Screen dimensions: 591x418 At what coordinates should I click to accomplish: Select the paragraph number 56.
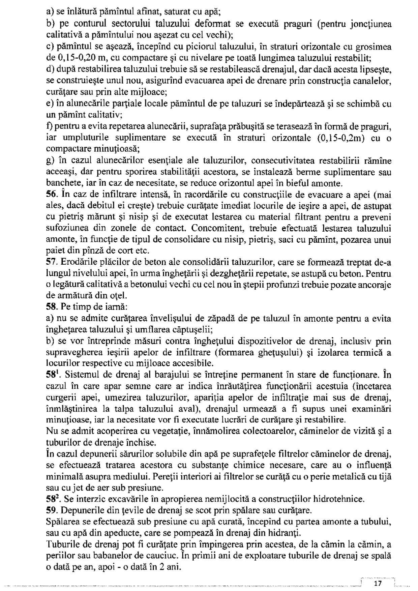(51, 195)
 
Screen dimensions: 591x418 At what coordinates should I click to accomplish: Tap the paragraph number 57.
(51, 262)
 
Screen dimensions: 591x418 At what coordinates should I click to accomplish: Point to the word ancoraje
(375, 285)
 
